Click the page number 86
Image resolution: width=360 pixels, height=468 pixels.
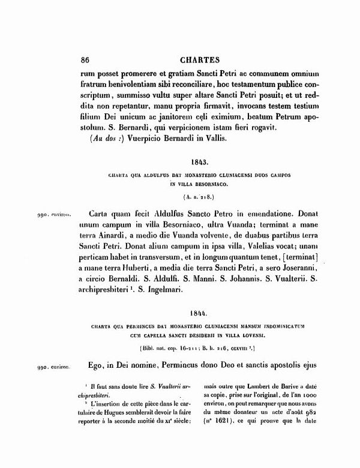point(85,59)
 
